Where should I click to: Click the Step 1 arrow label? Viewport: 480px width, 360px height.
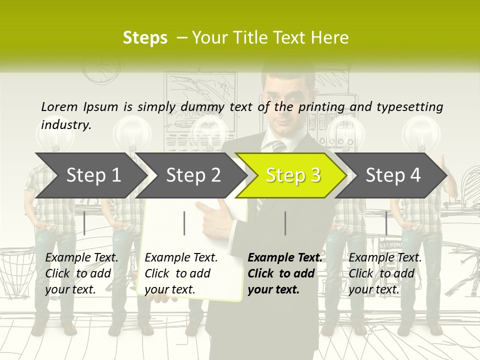pyautogui.click(x=93, y=175)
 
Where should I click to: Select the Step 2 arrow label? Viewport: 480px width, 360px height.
pyautogui.click(x=193, y=175)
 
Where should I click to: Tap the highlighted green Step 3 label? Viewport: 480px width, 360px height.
pyautogui.click(x=293, y=175)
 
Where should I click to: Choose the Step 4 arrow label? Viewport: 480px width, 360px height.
pyautogui.click(x=393, y=175)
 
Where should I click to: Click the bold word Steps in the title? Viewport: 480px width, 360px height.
pyautogui.click(x=145, y=38)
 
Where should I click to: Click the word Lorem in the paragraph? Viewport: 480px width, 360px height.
pyautogui.click(x=59, y=106)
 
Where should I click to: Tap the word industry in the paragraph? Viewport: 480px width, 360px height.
pyautogui.click(x=65, y=125)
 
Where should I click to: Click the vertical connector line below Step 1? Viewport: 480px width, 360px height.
pyautogui.click(x=84, y=223)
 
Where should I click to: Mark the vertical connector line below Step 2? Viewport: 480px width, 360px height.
pyautogui.click(x=184, y=223)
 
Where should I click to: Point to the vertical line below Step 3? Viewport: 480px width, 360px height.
pyautogui.click(x=285, y=223)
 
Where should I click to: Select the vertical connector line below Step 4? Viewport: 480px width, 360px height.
pyautogui.click(x=386, y=223)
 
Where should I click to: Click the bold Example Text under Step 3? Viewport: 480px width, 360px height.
pyautogui.click(x=285, y=258)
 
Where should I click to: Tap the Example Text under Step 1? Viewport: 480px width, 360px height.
pyautogui.click(x=81, y=258)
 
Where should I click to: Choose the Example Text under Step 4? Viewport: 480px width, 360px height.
pyautogui.click(x=385, y=258)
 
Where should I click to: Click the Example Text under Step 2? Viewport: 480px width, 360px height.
pyautogui.click(x=181, y=258)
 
